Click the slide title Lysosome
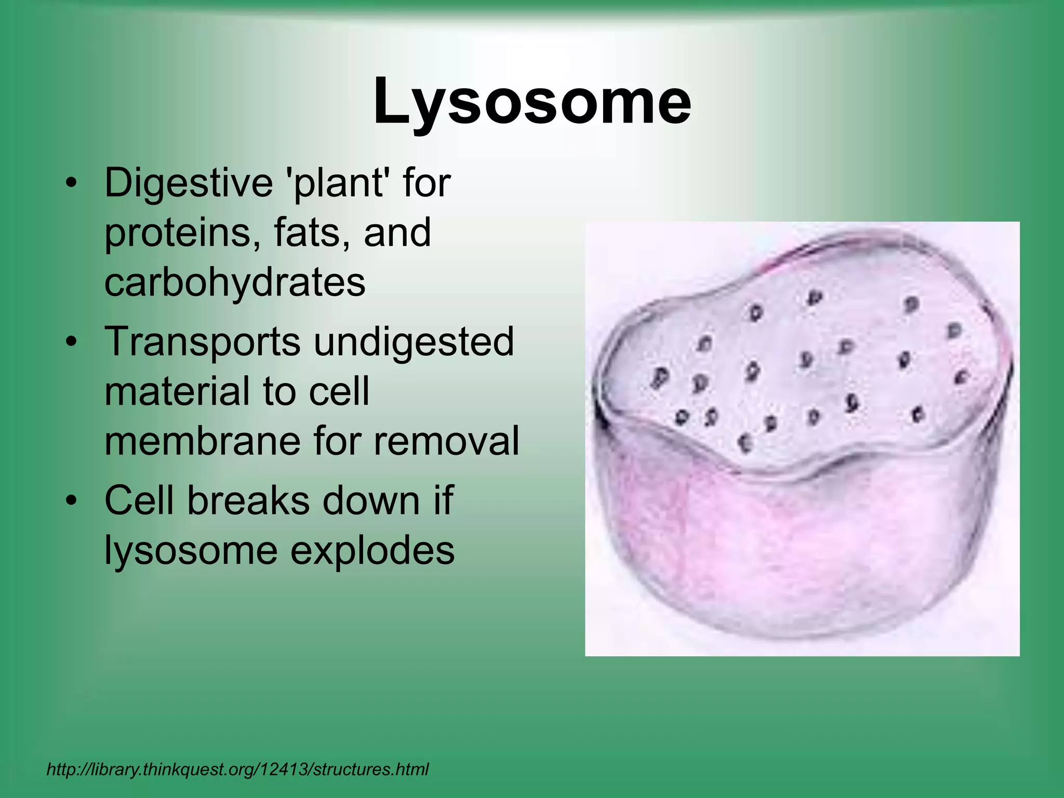pyautogui.click(x=532, y=101)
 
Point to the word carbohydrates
pyautogui.click(x=235, y=282)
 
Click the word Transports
pyautogui.click(x=203, y=341)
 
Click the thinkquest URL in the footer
pyautogui.click(x=237, y=769)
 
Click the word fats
pyautogui.click(x=307, y=232)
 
